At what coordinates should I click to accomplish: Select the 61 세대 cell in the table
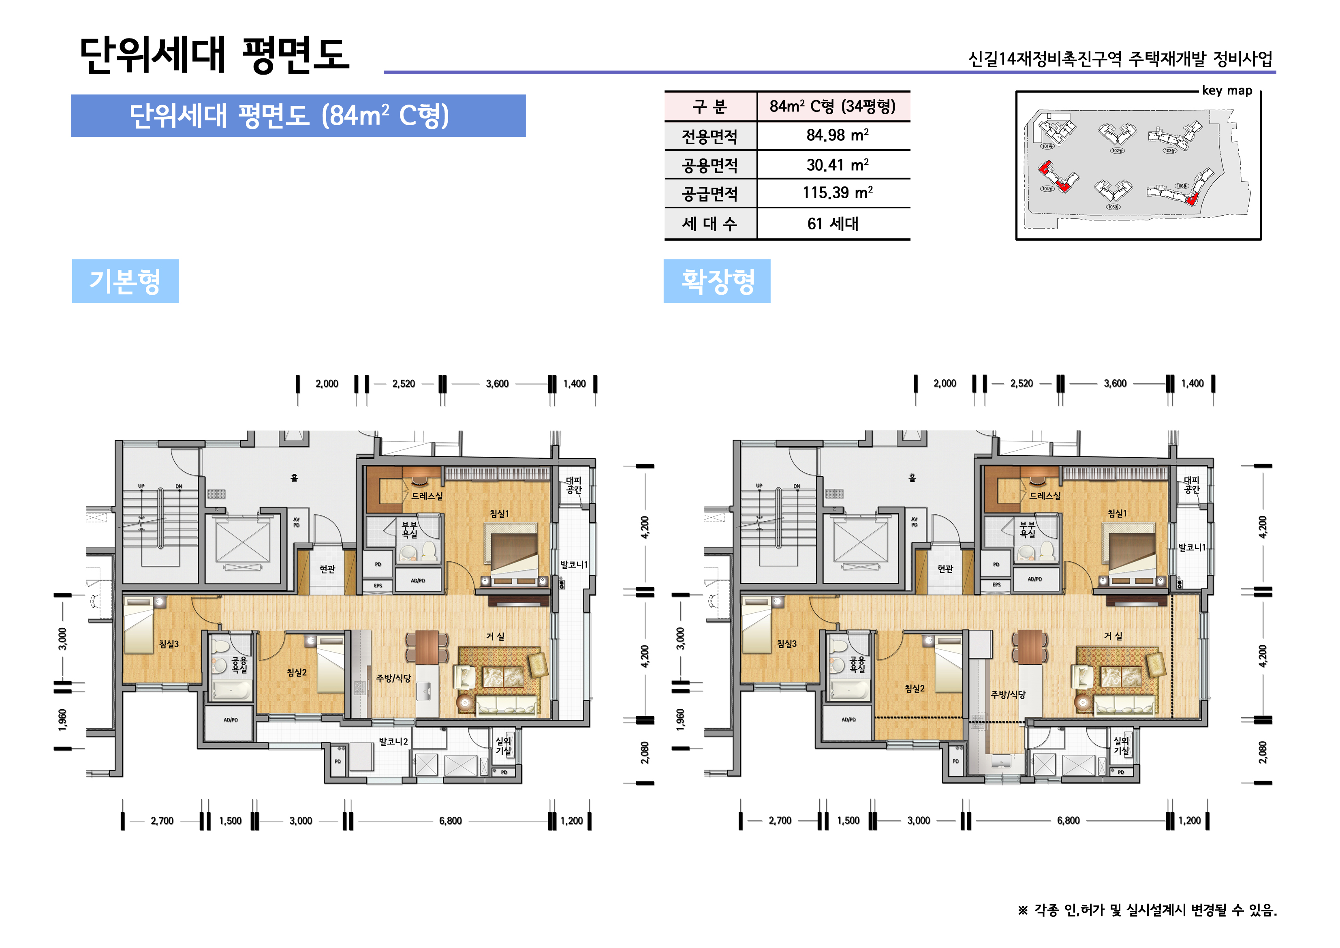pyautogui.click(x=833, y=224)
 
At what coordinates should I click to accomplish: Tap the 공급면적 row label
pyautogui.click(x=710, y=193)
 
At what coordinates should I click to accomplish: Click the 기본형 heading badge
pyautogui.click(x=125, y=281)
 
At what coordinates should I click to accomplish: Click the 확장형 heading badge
pyautogui.click(x=717, y=281)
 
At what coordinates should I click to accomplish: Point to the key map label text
pyautogui.click(x=1227, y=90)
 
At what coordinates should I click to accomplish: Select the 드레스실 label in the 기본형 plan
pyautogui.click(x=427, y=496)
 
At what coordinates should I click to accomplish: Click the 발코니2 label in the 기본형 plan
pyautogui.click(x=393, y=741)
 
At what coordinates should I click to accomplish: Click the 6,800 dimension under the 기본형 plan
pyautogui.click(x=450, y=821)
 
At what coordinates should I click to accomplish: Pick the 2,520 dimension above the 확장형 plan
pyautogui.click(x=1022, y=383)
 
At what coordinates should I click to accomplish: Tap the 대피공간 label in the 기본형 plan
pyautogui.click(x=574, y=485)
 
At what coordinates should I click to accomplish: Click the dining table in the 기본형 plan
pyautogui.click(x=427, y=647)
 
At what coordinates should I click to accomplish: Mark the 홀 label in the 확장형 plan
pyautogui.click(x=912, y=477)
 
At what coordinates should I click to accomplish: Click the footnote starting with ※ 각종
pyautogui.click(x=1147, y=910)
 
